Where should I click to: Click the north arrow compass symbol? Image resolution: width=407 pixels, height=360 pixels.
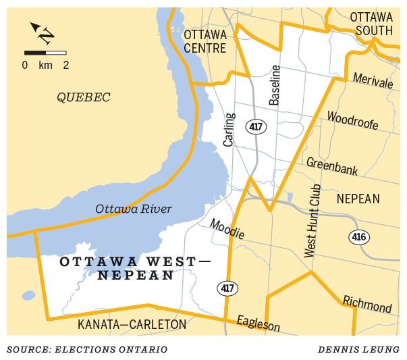point(43,33)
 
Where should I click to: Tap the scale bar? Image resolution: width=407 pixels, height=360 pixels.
point(45,52)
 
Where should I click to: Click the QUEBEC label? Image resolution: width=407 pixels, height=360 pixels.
point(83,98)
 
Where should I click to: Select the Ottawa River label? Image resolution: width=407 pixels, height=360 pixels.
point(134,209)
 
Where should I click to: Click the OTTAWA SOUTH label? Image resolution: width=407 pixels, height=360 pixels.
point(371,24)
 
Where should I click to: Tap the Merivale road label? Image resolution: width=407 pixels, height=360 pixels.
point(373,81)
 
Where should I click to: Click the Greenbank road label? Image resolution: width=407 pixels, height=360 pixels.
point(332,166)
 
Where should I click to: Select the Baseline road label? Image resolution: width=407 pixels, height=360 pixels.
point(275,86)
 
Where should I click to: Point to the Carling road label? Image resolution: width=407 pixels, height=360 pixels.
point(229,129)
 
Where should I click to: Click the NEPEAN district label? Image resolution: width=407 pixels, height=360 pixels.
point(358,199)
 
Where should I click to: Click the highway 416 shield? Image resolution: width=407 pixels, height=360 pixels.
point(358,237)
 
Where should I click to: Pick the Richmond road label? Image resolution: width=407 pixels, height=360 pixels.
point(367,304)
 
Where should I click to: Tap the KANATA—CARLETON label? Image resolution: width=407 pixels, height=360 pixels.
point(132,325)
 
